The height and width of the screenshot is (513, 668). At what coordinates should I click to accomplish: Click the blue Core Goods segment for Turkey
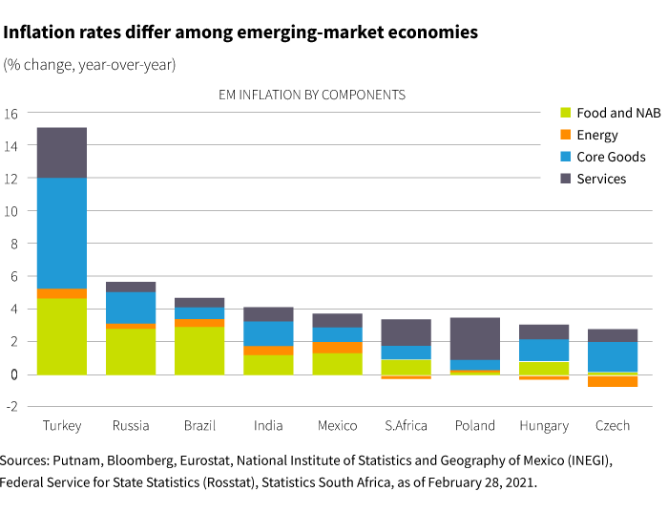[62, 233]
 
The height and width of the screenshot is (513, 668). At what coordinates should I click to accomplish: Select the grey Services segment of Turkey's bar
[62, 153]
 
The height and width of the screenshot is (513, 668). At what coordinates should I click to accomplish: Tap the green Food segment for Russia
[131, 352]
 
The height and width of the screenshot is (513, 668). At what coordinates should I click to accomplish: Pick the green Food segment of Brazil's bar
[199, 351]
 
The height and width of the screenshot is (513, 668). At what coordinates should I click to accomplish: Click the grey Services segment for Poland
[474, 338]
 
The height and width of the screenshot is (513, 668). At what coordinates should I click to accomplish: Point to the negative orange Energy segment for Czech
[612, 381]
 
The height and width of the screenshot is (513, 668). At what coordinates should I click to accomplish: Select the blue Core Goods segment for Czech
[612, 356]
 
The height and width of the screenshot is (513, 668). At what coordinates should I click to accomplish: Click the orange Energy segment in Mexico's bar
[337, 348]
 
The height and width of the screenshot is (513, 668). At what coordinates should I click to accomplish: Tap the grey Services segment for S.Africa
[406, 332]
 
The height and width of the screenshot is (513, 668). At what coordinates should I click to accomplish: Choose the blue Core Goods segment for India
[268, 333]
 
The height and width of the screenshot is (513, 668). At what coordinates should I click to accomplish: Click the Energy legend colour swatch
[565, 135]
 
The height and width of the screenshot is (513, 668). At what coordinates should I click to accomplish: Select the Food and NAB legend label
[618, 113]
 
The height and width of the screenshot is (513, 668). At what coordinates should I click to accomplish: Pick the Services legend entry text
[601, 179]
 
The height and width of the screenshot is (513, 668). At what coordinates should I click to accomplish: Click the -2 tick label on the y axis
[11, 407]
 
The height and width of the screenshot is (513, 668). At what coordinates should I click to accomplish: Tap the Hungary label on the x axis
[543, 426]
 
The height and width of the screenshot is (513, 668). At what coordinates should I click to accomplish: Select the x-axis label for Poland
[474, 426]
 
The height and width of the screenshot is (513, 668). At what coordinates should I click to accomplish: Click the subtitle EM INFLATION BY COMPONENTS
[312, 95]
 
